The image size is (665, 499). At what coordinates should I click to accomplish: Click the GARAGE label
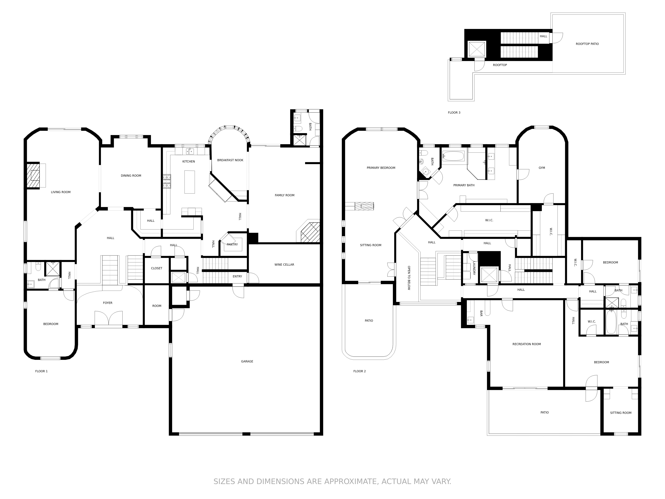point(247,361)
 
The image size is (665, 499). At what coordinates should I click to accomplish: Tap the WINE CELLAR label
point(284,265)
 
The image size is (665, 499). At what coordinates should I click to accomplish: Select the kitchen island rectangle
point(189,182)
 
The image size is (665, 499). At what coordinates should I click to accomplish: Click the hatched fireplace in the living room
point(33,176)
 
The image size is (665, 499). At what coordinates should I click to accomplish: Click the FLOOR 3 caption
point(454,112)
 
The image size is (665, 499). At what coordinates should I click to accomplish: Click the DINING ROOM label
point(131,176)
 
